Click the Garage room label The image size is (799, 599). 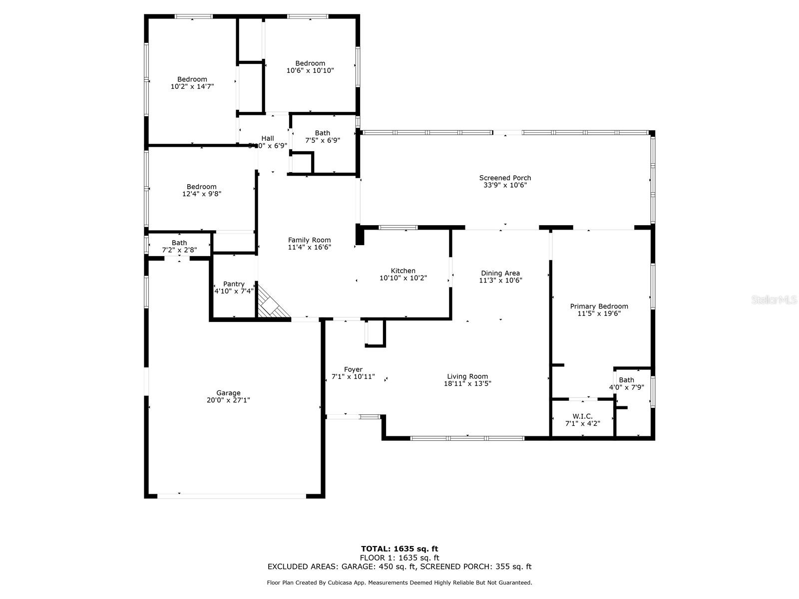click(228, 393)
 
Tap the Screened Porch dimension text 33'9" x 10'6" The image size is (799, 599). click(505, 185)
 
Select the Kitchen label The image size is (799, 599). click(403, 271)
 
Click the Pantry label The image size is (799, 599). click(234, 284)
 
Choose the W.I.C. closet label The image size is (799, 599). click(582, 416)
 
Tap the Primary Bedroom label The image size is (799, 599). click(599, 306)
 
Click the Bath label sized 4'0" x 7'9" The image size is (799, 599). click(626, 380)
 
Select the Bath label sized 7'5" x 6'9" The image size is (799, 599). click(323, 133)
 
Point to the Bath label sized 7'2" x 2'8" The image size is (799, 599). click(179, 243)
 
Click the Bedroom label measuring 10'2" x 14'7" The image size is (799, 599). click(192, 79)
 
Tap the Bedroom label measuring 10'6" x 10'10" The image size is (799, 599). click(310, 63)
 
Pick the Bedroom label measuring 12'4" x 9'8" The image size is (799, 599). click(202, 187)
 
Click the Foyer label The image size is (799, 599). click(353, 369)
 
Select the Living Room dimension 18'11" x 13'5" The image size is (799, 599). click(467, 384)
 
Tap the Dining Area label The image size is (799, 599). click(500, 273)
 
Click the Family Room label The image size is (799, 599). click(309, 240)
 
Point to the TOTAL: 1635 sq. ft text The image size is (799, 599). click(399, 549)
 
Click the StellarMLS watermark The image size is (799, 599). click(774, 299)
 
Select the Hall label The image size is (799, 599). click(268, 138)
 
